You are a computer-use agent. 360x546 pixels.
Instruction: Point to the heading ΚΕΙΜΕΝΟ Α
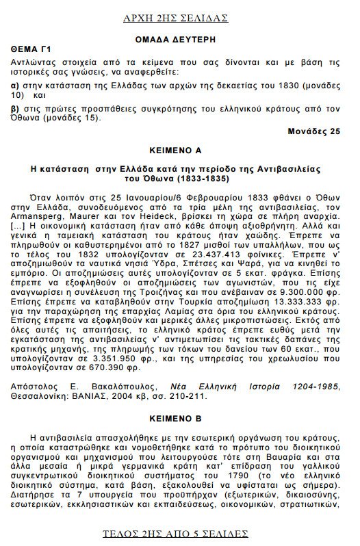pos(179,148)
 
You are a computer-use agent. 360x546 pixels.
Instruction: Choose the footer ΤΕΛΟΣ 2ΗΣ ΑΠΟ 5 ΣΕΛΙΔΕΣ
pos(180,533)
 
